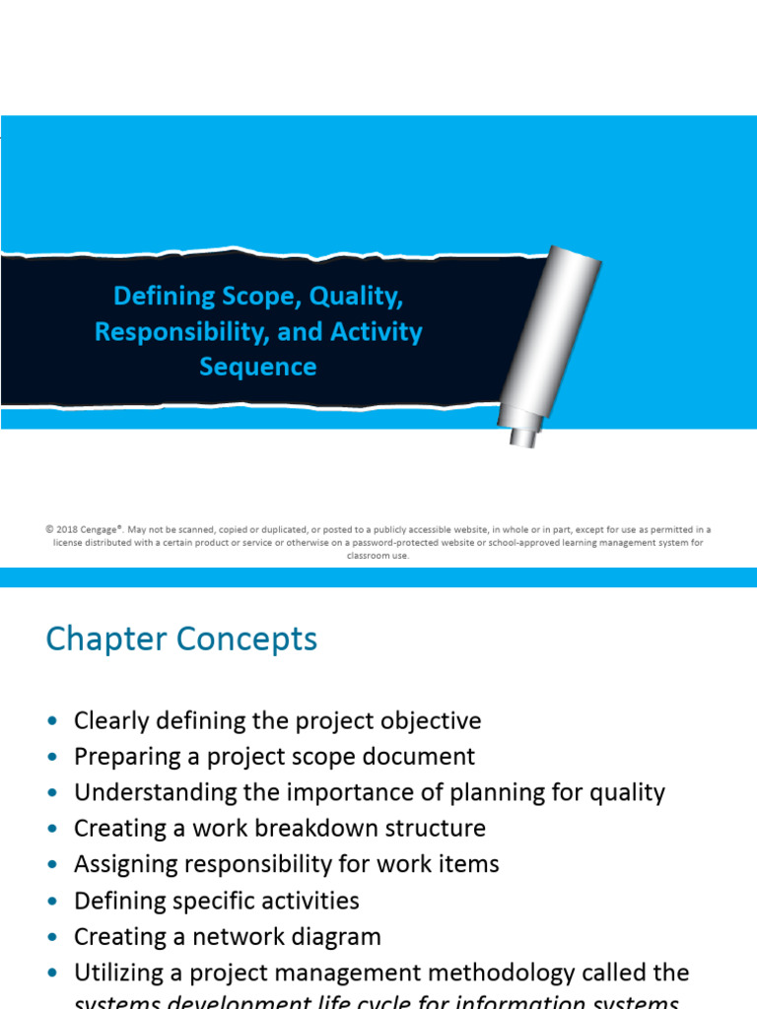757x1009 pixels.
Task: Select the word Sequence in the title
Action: (258, 367)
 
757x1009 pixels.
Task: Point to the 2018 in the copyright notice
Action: (68, 529)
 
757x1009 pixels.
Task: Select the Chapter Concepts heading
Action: (181, 639)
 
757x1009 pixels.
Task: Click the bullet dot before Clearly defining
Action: (52, 721)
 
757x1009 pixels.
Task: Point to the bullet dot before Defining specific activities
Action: (52, 902)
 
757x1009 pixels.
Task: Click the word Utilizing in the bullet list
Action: (115, 973)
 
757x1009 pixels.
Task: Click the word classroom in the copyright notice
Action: (366, 556)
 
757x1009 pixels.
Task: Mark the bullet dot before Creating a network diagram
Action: (52, 937)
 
